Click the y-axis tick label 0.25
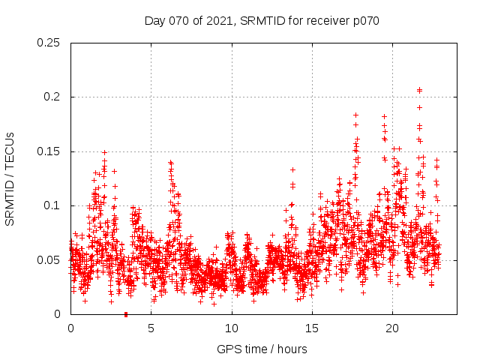pos(49,43)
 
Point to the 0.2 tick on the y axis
pos(52,97)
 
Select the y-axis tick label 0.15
pos(49,151)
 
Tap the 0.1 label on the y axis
pos(52,205)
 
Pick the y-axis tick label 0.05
pos(49,259)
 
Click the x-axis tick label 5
pos(151,328)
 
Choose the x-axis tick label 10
pos(232,328)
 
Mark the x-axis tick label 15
pos(312,328)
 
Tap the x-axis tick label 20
pos(392,328)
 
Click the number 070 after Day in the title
pos(178,20)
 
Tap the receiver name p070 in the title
pos(366,20)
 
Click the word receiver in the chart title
pos(326,20)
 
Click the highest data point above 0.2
pos(419,90)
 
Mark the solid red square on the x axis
pos(125,314)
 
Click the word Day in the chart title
pos(154,20)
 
